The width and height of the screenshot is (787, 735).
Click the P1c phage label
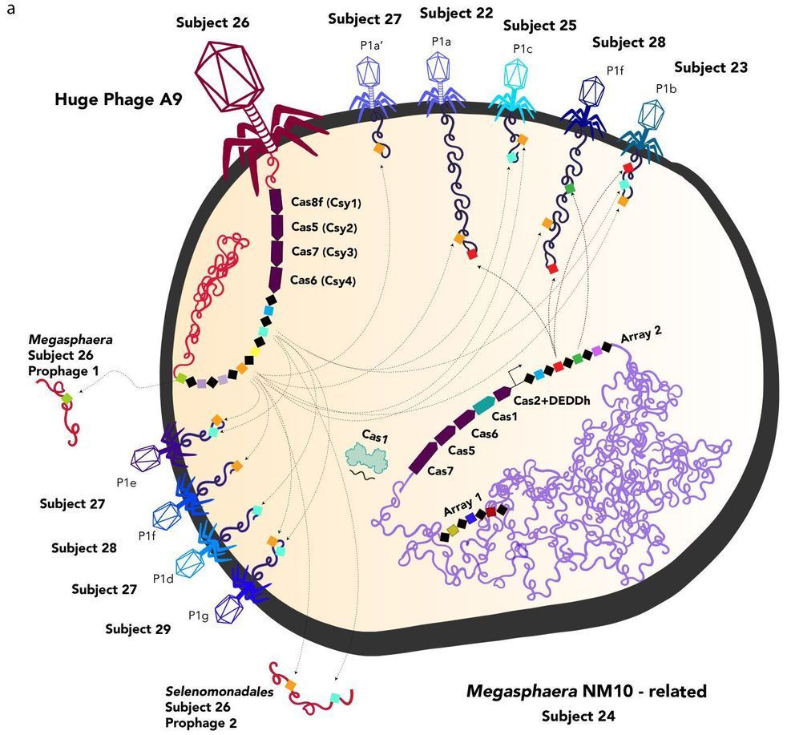click(x=523, y=49)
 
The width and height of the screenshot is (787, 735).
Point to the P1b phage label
click(x=667, y=88)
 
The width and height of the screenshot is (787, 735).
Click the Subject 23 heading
click(x=711, y=68)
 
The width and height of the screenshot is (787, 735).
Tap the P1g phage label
click(x=200, y=615)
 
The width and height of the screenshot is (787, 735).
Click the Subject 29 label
click(x=138, y=629)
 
